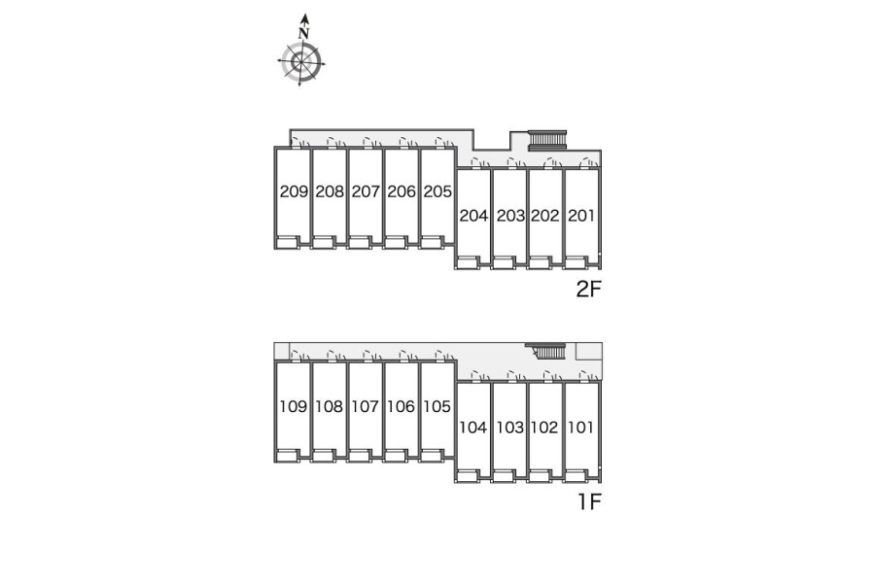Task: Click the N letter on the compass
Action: [303, 33]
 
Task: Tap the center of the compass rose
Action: [301, 61]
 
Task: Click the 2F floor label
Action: [589, 289]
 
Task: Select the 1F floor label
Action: [589, 501]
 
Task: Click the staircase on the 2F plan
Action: [546, 140]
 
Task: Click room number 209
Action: [294, 191]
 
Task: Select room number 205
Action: [437, 191]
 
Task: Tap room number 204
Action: [473, 216]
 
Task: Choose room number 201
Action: [581, 216]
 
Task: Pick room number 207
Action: [366, 191]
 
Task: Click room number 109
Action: [293, 406]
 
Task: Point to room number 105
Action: [437, 406]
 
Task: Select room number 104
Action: [473, 428]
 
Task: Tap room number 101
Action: [581, 428]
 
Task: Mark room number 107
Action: [365, 406]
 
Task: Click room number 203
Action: [510, 216]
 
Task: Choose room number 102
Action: [544, 428]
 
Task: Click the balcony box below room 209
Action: [289, 242]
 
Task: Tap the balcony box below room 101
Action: [576, 476]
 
